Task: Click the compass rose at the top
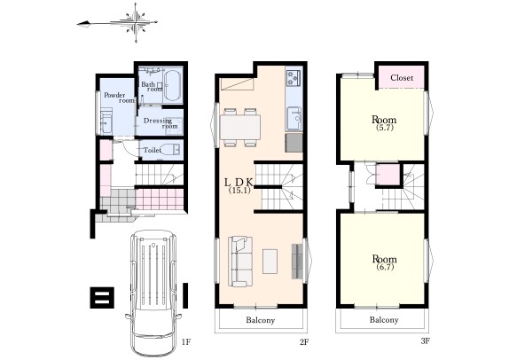136,23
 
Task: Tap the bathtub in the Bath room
172,86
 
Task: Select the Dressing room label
161,123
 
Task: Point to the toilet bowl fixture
170,150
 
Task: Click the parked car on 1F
153,293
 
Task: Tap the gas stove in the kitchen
294,77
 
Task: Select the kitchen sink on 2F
294,119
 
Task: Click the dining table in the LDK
240,128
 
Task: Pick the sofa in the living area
240,262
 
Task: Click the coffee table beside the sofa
270,262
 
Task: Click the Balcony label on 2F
261,320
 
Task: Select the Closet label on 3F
402,78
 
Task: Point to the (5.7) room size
384,128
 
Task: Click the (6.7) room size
385,267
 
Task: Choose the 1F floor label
185,341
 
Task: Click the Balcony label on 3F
384,320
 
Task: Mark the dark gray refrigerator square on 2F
294,143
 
